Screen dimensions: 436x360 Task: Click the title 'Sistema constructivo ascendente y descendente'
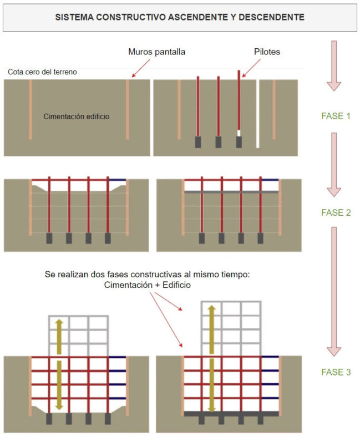point(180,17)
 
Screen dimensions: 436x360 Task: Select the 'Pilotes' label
point(267,52)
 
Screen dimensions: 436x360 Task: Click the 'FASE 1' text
point(336,116)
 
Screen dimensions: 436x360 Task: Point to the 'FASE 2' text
point(336,212)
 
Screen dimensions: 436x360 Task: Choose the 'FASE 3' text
point(336,372)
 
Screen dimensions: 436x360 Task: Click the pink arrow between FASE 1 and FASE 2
point(334,164)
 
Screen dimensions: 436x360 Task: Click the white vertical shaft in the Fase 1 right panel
point(258,114)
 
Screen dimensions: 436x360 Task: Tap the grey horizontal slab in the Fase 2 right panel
point(231,191)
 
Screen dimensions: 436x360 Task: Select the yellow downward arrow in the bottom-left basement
point(58,388)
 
